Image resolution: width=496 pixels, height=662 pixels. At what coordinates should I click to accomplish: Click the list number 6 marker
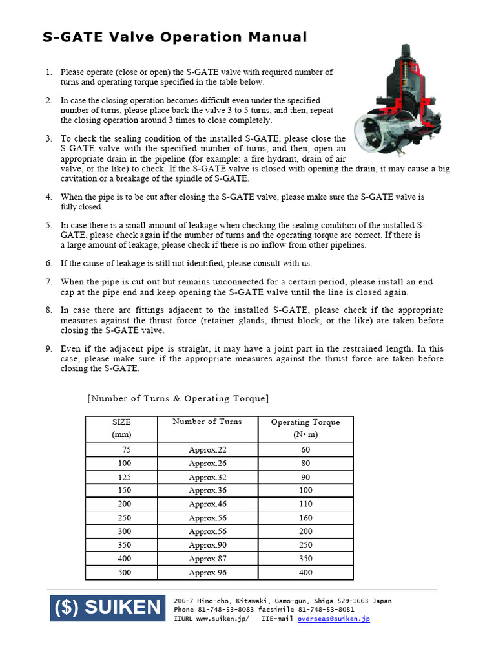48,264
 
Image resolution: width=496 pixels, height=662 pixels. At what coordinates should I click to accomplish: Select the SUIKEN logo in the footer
108,607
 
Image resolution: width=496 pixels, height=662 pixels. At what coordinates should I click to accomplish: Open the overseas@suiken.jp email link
334,619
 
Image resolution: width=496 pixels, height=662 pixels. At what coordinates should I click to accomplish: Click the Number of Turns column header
207,422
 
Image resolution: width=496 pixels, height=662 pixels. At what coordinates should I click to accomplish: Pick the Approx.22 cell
207,450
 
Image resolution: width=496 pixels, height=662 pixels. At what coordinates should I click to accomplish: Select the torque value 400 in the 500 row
305,573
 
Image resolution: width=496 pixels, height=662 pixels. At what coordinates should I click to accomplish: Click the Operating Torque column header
305,428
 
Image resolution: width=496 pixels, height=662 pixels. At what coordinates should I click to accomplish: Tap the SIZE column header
121,428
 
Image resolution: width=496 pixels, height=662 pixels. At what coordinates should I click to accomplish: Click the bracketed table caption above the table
178,398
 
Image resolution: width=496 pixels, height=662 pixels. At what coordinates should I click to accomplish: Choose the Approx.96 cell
207,573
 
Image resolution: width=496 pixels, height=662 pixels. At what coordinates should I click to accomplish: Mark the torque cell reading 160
305,518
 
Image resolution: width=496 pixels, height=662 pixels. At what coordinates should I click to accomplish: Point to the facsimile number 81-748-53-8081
325,610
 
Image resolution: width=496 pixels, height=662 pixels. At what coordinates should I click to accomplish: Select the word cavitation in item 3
80,178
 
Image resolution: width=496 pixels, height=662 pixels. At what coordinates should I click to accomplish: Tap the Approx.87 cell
207,559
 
